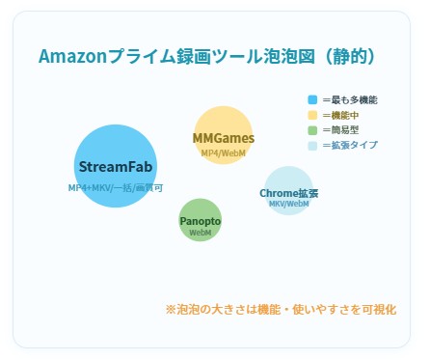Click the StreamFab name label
116,166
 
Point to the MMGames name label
224,138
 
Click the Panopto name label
201,221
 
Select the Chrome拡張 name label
289,193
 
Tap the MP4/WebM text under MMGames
224,152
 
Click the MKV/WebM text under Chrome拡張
289,204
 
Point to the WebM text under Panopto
201,233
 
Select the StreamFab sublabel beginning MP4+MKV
116,187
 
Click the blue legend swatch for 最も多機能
312,100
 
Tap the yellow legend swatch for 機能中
312,115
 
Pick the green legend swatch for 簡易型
312,130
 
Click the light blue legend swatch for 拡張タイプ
312,146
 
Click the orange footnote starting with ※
281,310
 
